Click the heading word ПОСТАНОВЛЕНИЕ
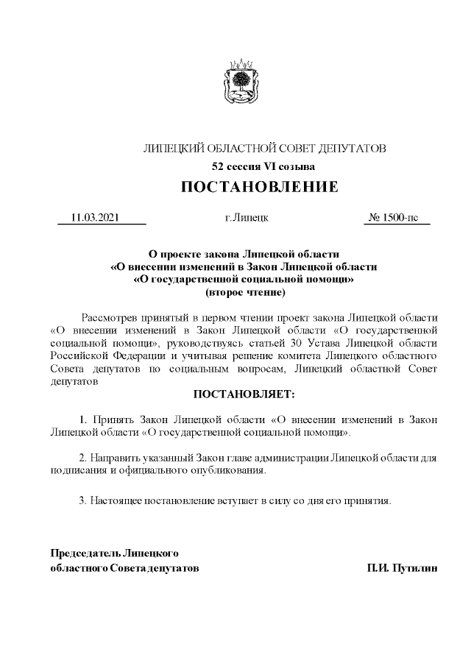coord(260,187)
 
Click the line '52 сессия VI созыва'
coord(263,166)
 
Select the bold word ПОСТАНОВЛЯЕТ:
coord(243,395)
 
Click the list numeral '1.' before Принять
coord(83,419)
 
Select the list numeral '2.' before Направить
coord(83,457)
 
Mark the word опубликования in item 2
coord(229,470)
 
